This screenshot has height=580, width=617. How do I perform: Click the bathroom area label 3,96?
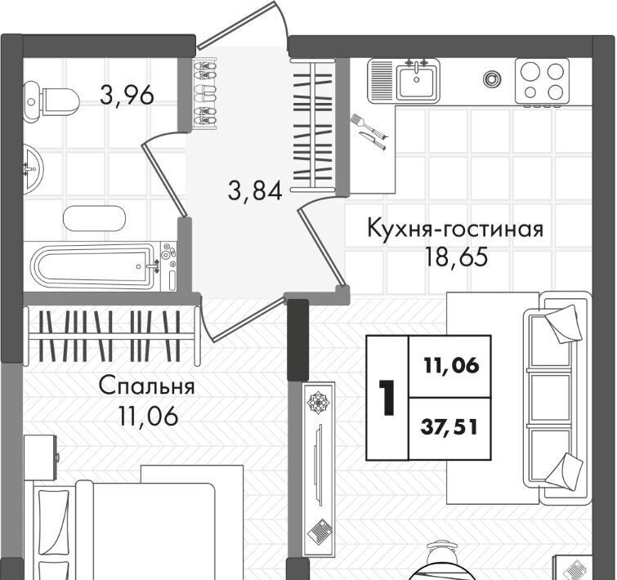pyautogui.click(x=127, y=95)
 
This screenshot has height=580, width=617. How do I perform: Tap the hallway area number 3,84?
pyautogui.click(x=255, y=191)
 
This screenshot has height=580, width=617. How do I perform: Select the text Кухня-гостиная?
pyautogui.click(x=455, y=229)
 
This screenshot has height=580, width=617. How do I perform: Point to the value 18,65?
pyautogui.click(x=456, y=257)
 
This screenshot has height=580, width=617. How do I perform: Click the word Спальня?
pyautogui.click(x=147, y=386)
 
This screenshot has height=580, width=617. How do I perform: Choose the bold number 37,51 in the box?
pyautogui.click(x=449, y=427)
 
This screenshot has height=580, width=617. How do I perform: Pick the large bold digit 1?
pyautogui.click(x=387, y=398)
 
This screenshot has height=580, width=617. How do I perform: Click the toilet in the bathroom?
pyautogui.click(x=51, y=101)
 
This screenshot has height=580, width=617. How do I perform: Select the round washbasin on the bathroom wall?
pyautogui.click(x=33, y=169)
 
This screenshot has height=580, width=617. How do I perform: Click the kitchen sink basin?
pyautogui.click(x=416, y=82)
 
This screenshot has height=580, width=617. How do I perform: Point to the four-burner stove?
pyautogui.click(x=543, y=82)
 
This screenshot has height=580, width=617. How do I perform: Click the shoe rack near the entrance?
pyautogui.click(x=205, y=94)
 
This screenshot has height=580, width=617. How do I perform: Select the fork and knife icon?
pyautogui.click(x=369, y=132)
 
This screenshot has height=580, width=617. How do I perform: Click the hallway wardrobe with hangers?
pyautogui.click(x=313, y=127)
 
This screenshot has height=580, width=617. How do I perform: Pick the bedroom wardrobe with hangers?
pyautogui.click(x=110, y=337)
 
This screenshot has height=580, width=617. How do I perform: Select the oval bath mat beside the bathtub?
pyautogui.click(x=94, y=219)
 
